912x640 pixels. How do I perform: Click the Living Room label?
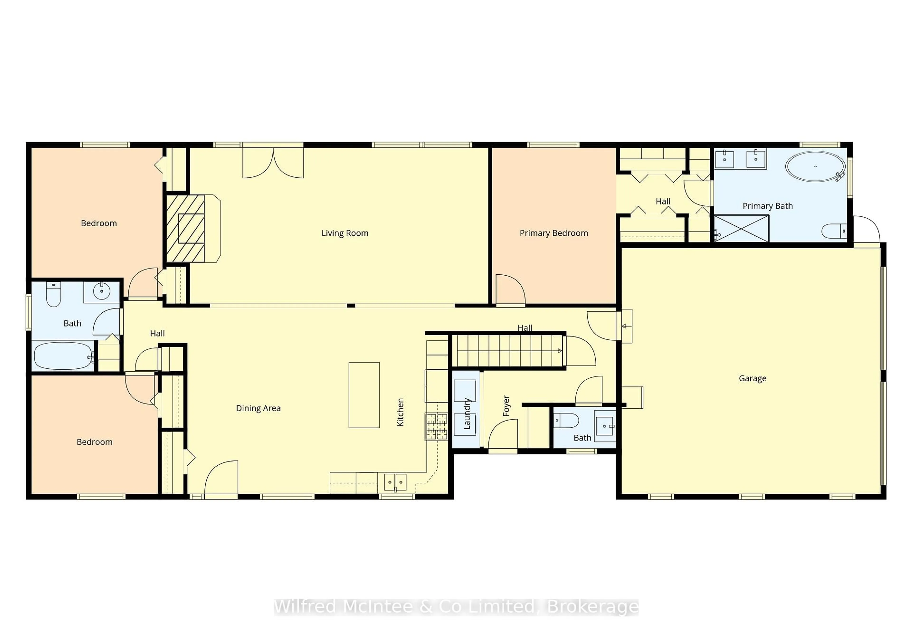click(x=345, y=233)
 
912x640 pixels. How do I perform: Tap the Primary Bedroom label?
click(x=554, y=233)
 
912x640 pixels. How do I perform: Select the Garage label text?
click(x=752, y=379)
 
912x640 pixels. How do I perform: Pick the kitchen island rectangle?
click(x=364, y=395)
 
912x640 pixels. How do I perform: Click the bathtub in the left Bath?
click(x=64, y=356)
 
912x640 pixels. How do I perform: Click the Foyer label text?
click(x=506, y=406)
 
